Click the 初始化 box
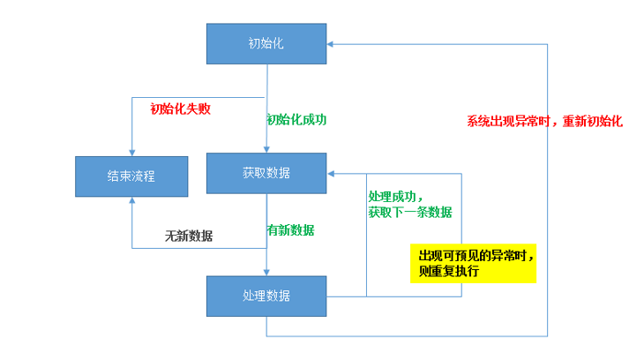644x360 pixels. (266, 43)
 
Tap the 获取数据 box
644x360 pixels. (266, 173)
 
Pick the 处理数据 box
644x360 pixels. (266, 296)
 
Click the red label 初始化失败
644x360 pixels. (181, 109)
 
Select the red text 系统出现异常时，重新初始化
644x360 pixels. (544, 122)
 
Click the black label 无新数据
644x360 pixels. (189, 236)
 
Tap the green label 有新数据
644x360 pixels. (290, 230)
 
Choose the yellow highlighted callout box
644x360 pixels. (473, 263)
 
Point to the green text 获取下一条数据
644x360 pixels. (410, 213)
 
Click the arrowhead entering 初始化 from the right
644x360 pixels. (330, 43)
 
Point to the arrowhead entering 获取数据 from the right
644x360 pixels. (330, 173)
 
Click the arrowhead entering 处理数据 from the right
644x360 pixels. (330, 296)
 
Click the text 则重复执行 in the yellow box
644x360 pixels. (448, 272)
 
